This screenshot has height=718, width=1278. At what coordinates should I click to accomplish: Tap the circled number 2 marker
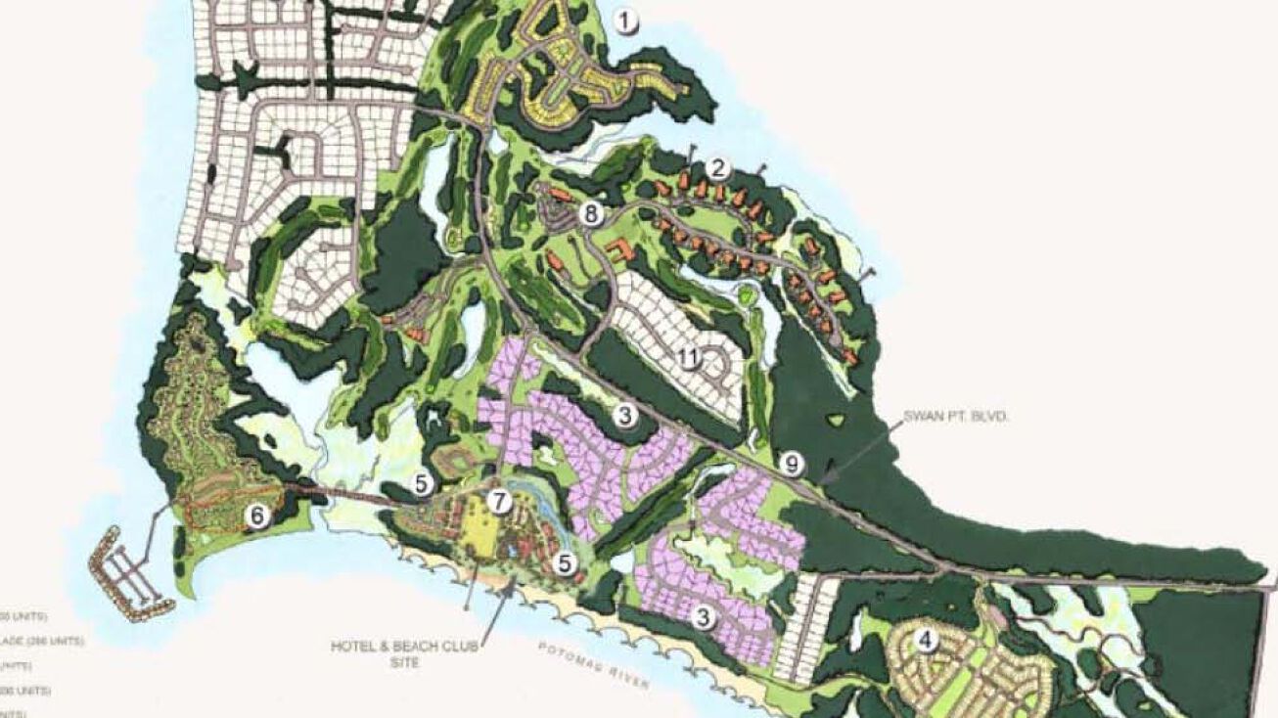719,167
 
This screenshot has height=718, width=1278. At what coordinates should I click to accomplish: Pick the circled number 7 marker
500,502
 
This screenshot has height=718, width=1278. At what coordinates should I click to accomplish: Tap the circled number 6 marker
257,516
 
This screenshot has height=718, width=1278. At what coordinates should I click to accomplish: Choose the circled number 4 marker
925,641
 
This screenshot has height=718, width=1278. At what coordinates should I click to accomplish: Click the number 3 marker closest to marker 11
625,417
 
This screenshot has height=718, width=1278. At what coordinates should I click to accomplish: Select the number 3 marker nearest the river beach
703,616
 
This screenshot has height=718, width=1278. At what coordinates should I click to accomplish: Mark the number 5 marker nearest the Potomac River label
564,562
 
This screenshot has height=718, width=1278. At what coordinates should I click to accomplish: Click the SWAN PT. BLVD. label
964,417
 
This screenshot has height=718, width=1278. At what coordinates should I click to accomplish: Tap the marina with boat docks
125,573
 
